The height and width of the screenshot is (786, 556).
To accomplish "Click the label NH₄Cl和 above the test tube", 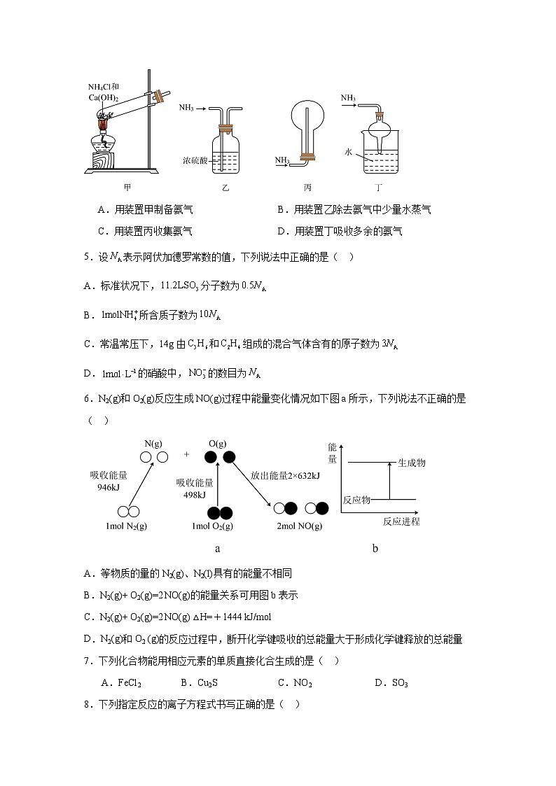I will click(103, 87).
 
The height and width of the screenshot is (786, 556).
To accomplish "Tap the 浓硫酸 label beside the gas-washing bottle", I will click(195, 160).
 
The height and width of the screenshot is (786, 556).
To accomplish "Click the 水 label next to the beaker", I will click(349, 151).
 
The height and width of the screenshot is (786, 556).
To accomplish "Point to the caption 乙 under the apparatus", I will click(225, 188).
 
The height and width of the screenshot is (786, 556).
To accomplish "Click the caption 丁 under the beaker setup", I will click(379, 188).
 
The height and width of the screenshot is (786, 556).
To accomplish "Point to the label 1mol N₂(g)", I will click(127, 526).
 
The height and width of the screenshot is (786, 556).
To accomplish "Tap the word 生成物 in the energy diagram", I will click(412, 463).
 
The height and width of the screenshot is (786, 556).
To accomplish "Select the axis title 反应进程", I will click(401, 521).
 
